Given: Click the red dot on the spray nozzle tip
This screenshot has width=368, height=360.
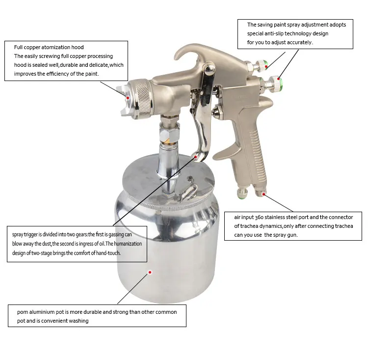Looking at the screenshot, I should tap(128, 97).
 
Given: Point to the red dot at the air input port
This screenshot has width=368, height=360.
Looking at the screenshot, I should tap(264, 194).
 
